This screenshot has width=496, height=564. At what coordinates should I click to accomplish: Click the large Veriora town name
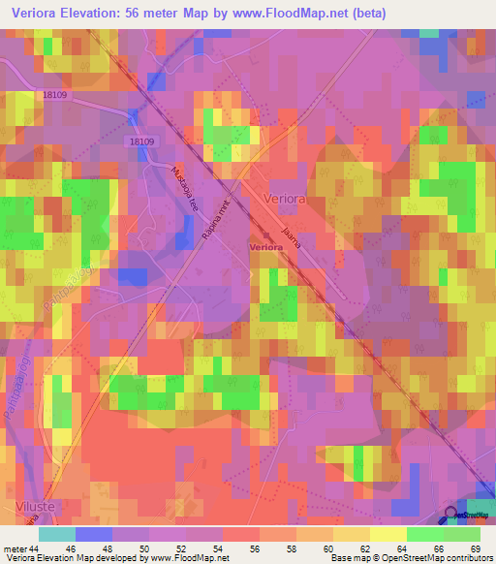pos(287,198)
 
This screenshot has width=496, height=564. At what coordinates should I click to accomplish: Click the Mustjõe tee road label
pos(183,183)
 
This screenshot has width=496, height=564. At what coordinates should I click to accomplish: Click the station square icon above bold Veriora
pos(264,235)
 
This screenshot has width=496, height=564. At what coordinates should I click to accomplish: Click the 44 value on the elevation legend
pos(35,548)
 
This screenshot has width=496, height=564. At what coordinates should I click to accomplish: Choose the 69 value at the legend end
pos(474,548)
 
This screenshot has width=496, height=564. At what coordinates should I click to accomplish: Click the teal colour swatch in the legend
pos(57,534)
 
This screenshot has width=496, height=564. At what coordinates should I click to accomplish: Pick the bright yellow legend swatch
pos(388,534)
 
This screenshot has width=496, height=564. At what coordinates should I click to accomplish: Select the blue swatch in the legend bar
pos(94,534)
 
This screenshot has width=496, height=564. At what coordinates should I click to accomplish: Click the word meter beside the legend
pos(15,548)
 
